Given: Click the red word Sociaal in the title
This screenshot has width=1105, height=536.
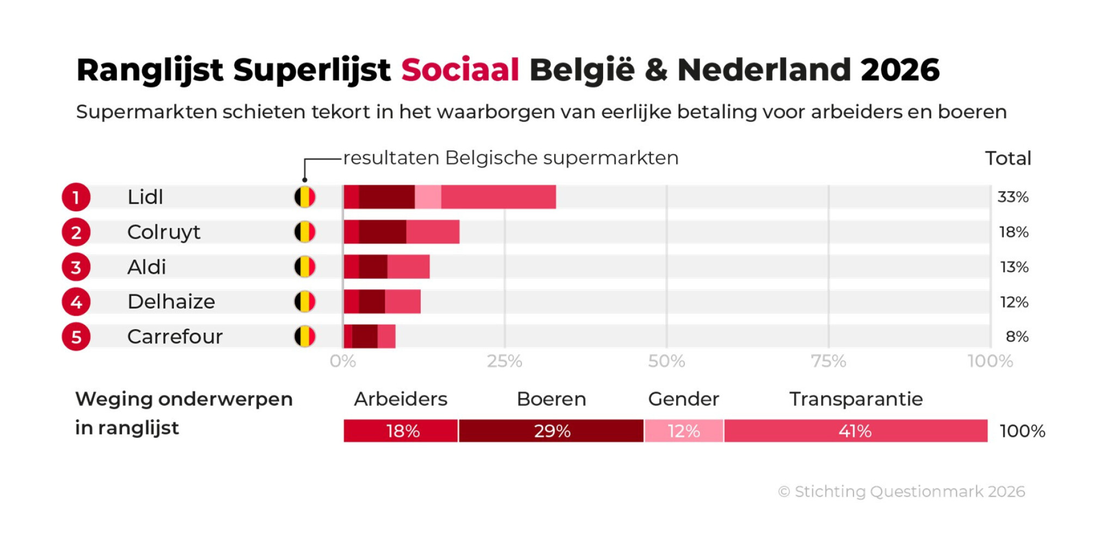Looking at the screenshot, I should tap(460, 70).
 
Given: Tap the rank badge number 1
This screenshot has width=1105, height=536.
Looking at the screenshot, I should tap(76, 197).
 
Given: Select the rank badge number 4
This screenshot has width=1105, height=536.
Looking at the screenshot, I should tap(76, 302).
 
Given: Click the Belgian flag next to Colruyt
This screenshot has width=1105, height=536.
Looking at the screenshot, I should tap(305, 232).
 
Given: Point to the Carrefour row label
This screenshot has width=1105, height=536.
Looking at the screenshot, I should tap(175, 337).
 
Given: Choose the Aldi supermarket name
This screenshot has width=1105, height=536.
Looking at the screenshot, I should tap(146, 267).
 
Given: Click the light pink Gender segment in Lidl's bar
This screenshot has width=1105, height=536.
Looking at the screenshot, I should tap(428, 197).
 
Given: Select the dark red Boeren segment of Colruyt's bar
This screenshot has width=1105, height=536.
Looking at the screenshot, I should tap(382, 232).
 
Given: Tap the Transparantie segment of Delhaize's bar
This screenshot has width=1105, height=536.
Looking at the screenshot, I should tap(403, 302).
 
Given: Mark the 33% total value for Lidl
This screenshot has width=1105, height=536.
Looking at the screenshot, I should tap(1012, 197).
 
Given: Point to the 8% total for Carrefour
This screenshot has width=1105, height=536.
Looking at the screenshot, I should tap(1017, 337).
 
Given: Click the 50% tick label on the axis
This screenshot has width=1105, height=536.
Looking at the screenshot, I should tap(666, 361).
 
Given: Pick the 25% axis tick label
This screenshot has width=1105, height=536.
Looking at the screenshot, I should tap(505, 361).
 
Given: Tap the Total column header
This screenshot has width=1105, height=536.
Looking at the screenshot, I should tap(1008, 159).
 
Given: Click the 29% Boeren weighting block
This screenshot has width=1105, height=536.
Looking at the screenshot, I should tap(551, 431).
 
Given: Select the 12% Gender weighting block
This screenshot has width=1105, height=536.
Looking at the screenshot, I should tap(684, 431).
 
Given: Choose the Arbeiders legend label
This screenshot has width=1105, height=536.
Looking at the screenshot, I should tap(401, 399).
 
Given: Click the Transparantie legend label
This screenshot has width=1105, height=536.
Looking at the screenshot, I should tap(856, 399).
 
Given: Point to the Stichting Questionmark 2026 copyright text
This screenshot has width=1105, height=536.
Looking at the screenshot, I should tap(901, 491).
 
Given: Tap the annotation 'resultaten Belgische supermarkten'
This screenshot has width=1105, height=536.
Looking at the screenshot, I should tap(511, 158).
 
